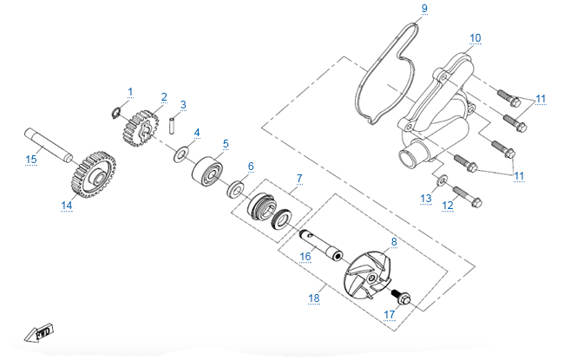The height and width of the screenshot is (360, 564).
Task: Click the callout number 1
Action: tap(131, 91)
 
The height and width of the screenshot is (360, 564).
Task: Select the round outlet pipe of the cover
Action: tap(409, 159)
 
